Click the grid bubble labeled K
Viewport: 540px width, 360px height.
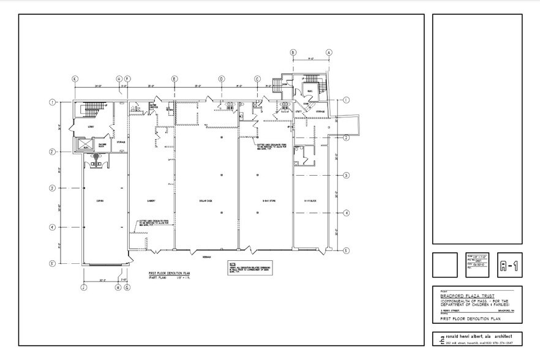[x=75, y=79]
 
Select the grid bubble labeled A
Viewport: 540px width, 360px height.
[x=329, y=53]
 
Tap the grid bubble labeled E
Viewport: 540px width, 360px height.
[x=174, y=79]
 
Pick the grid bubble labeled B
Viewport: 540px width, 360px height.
[x=293, y=53]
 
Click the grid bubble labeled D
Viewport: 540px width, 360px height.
[x=222, y=79]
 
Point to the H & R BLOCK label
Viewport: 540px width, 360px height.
[x=310, y=200]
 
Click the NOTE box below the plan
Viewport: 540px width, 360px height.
[x=249, y=269]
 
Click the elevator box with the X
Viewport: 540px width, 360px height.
[x=83, y=144]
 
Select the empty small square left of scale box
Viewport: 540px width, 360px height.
[x=444, y=265]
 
